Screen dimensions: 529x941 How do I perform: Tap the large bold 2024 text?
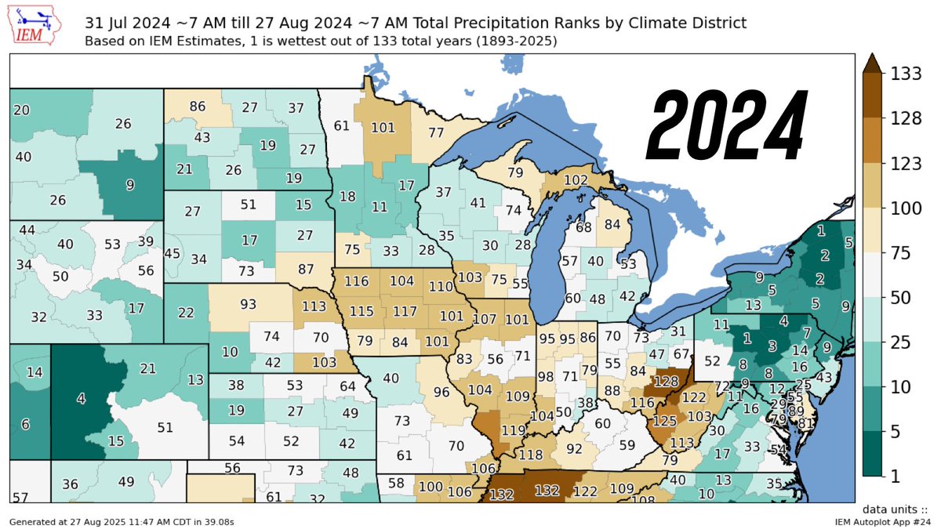pos(727,123)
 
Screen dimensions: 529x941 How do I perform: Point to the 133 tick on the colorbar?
pos(905,74)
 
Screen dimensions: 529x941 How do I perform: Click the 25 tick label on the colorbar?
pos(900,342)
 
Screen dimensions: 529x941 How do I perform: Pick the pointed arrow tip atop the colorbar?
pos(873,63)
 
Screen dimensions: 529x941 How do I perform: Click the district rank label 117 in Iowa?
pos(405,311)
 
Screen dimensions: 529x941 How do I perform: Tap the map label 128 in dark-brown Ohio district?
pos(666,382)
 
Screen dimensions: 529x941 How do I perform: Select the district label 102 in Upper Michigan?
pos(576,179)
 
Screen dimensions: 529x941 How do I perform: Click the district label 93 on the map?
pos(249,304)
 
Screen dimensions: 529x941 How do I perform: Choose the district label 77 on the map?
pos(436,132)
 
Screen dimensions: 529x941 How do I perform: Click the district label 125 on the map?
pos(664,422)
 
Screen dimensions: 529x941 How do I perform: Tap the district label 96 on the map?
pos(441,392)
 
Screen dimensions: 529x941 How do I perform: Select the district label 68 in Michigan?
pos(583,228)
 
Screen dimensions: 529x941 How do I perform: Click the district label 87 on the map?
pos(306,268)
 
